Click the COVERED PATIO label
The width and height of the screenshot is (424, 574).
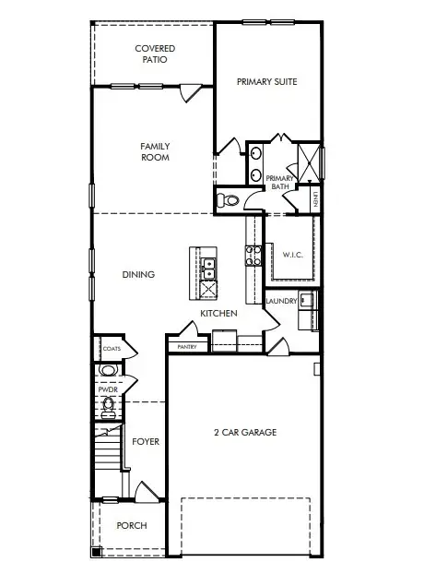pyautogui.click(x=155, y=54)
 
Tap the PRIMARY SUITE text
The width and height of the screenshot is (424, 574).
pyautogui.click(x=266, y=82)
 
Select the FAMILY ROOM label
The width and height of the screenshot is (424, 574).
pyautogui.click(x=155, y=151)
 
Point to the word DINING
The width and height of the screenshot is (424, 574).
pyautogui.click(x=138, y=274)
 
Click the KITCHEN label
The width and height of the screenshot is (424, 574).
pyautogui.click(x=219, y=314)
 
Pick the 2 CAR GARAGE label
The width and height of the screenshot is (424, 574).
pyautogui.click(x=244, y=432)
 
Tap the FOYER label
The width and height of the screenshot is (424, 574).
pyautogui.click(x=146, y=442)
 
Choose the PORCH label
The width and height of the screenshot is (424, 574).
pyautogui.click(x=131, y=525)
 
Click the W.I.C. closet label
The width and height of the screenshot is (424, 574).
pyautogui.click(x=292, y=254)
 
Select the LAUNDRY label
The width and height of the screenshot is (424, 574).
pyautogui.click(x=280, y=301)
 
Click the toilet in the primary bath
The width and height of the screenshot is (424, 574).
pyautogui.click(x=227, y=199)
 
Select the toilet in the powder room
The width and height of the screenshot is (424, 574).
pyautogui.click(x=109, y=405)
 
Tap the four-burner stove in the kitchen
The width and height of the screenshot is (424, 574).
pyautogui.click(x=249, y=254)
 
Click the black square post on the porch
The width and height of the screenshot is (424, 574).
pyautogui.click(x=96, y=553)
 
